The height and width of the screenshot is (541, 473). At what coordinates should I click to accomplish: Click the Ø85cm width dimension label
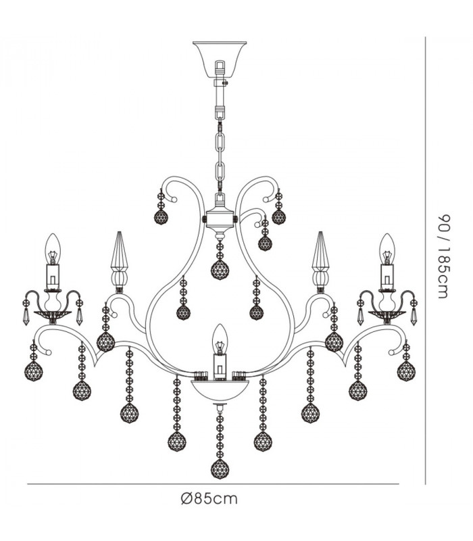[209, 498]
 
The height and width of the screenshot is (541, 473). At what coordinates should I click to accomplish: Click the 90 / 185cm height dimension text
[444, 256]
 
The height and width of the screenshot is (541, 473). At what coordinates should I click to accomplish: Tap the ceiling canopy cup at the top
[220, 60]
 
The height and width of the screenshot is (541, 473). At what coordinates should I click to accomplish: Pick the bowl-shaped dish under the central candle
[220, 390]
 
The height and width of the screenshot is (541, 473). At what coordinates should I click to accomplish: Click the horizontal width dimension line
[213, 484]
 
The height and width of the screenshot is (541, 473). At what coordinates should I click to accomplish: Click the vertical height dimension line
[426, 260]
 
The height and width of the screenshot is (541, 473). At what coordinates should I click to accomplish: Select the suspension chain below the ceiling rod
[220, 154]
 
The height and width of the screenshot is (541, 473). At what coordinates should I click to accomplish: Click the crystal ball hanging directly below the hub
[220, 270]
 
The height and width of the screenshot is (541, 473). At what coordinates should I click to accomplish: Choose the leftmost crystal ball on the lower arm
[33, 371]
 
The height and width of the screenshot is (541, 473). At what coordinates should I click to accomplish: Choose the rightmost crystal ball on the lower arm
[406, 371]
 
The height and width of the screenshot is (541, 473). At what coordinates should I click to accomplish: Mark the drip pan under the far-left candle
[53, 314]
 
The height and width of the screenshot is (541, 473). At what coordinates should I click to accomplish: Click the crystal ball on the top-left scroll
[161, 217]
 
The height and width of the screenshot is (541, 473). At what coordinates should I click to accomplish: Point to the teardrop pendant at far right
[414, 317]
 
